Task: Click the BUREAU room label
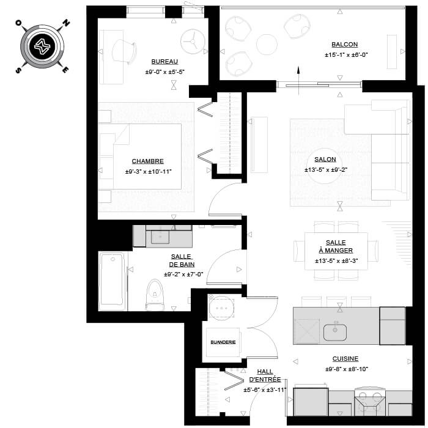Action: click(164, 62)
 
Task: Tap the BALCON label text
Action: click(344, 45)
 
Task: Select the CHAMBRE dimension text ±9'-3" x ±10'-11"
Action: click(148, 172)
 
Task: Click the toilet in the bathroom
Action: click(155, 294)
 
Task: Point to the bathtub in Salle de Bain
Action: click(112, 281)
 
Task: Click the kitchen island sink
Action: click(335, 331)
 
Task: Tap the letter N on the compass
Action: click(66, 23)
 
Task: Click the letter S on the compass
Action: click(18, 70)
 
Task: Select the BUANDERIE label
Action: click(223, 342)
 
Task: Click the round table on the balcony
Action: click(267, 45)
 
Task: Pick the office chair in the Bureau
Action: click(124, 51)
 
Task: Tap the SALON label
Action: click(325, 160)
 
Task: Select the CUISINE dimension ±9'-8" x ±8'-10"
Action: click(347, 369)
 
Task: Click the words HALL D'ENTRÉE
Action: click(265, 375)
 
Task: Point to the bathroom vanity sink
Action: click(160, 237)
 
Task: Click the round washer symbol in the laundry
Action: click(221, 308)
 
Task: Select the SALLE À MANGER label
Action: click(336, 246)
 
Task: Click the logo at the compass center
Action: click(42, 46)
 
